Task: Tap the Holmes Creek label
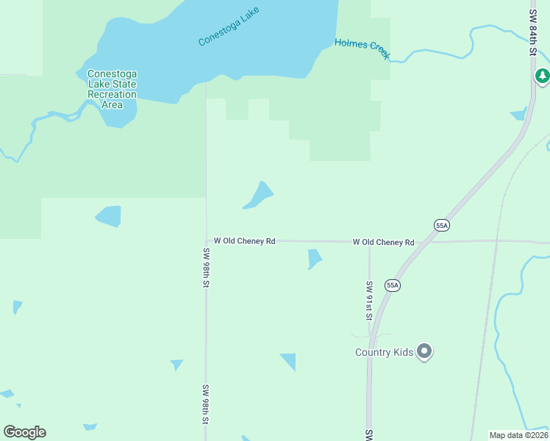(x=362, y=49)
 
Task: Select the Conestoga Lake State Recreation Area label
(x=112, y=89)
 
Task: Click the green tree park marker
(x=542, y=76)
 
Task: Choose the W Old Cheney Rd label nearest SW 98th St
(x=244, y=241)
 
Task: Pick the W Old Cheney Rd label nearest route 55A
(x=383, y=242)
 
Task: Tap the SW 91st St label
(x=369, y=301)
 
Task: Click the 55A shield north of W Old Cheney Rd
(x=441, y=226)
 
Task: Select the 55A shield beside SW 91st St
(x=393, y=285)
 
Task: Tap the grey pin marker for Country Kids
(x=424, y=351)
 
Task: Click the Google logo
(x=24, y=432)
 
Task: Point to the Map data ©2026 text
(x=518, y=434)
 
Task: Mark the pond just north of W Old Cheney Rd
(x=259, y=195)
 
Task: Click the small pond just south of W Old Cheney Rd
(x=314, y=259)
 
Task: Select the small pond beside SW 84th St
(x=519, y=114)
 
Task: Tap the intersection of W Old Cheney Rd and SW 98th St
(x=207, y=240)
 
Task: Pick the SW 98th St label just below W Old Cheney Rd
(x=207, y=268)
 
